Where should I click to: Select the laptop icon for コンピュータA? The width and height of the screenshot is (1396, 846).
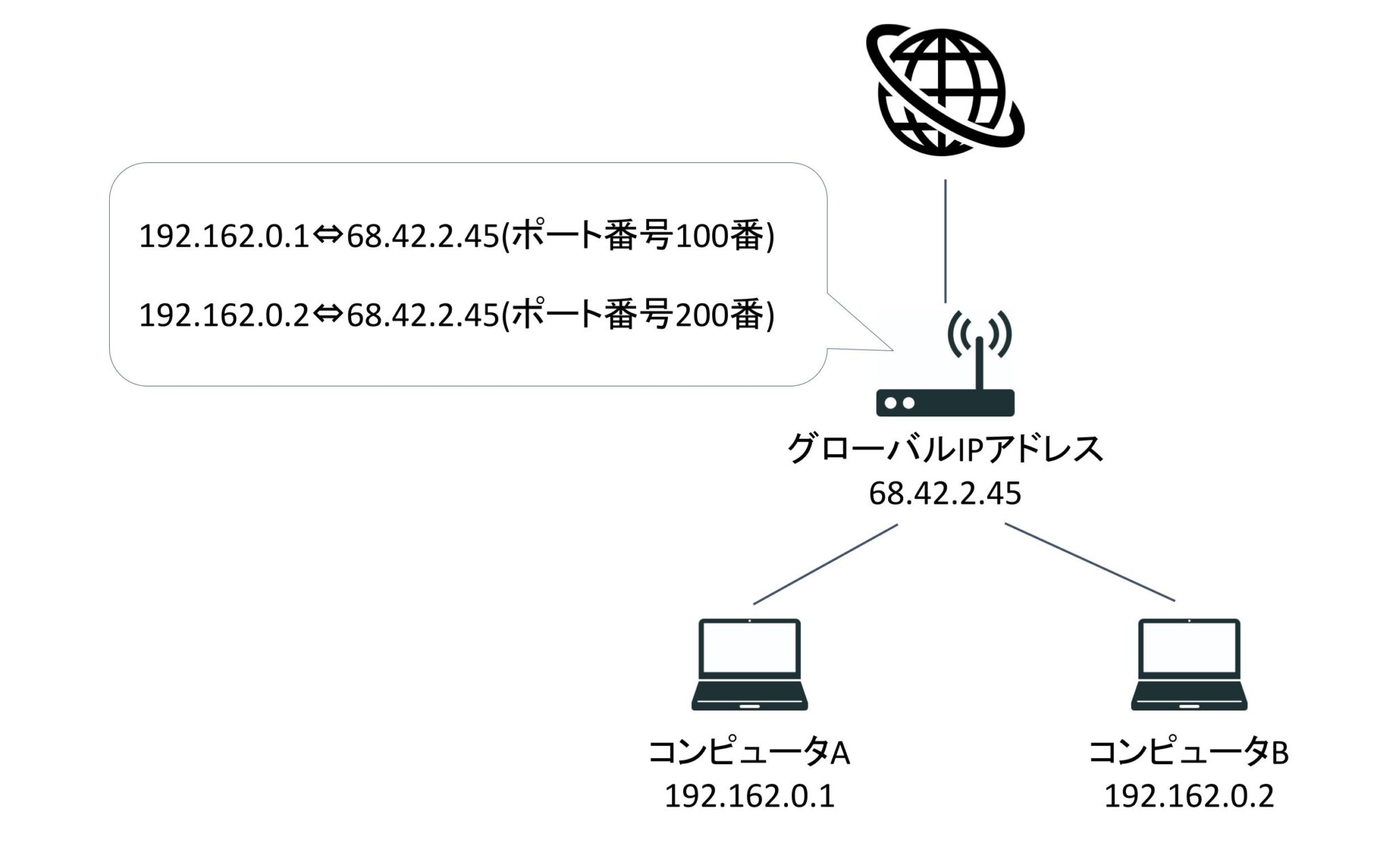[x=749, y=665]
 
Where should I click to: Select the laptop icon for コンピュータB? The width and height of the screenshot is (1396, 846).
[x=1189, y=665]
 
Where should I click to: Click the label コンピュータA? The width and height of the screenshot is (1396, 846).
[x=749, y=753]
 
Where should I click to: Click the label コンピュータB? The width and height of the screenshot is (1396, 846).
[x=1189, y=753]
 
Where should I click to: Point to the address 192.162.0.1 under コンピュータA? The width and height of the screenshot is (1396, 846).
[x=749, y=796]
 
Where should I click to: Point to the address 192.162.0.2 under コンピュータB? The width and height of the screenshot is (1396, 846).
[x=1189, y=796]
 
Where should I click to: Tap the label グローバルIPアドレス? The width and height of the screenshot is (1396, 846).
[x=945, y=449]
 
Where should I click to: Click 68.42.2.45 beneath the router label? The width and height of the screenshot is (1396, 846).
[x=945, y=494]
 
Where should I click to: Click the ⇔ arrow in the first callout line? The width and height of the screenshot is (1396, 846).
[x=328, y=237]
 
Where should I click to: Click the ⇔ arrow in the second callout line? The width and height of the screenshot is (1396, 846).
[x=328, y=315]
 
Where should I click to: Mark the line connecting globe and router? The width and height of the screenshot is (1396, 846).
[x=945, y=241]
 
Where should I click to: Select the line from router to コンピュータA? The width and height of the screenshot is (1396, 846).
[x=825, y=564]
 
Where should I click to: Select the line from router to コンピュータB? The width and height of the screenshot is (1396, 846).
[x=1090, y=562]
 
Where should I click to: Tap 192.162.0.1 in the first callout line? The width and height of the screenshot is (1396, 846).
[x=225, y=237]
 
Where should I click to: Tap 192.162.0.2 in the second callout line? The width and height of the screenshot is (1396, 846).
[x=225, y=316]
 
